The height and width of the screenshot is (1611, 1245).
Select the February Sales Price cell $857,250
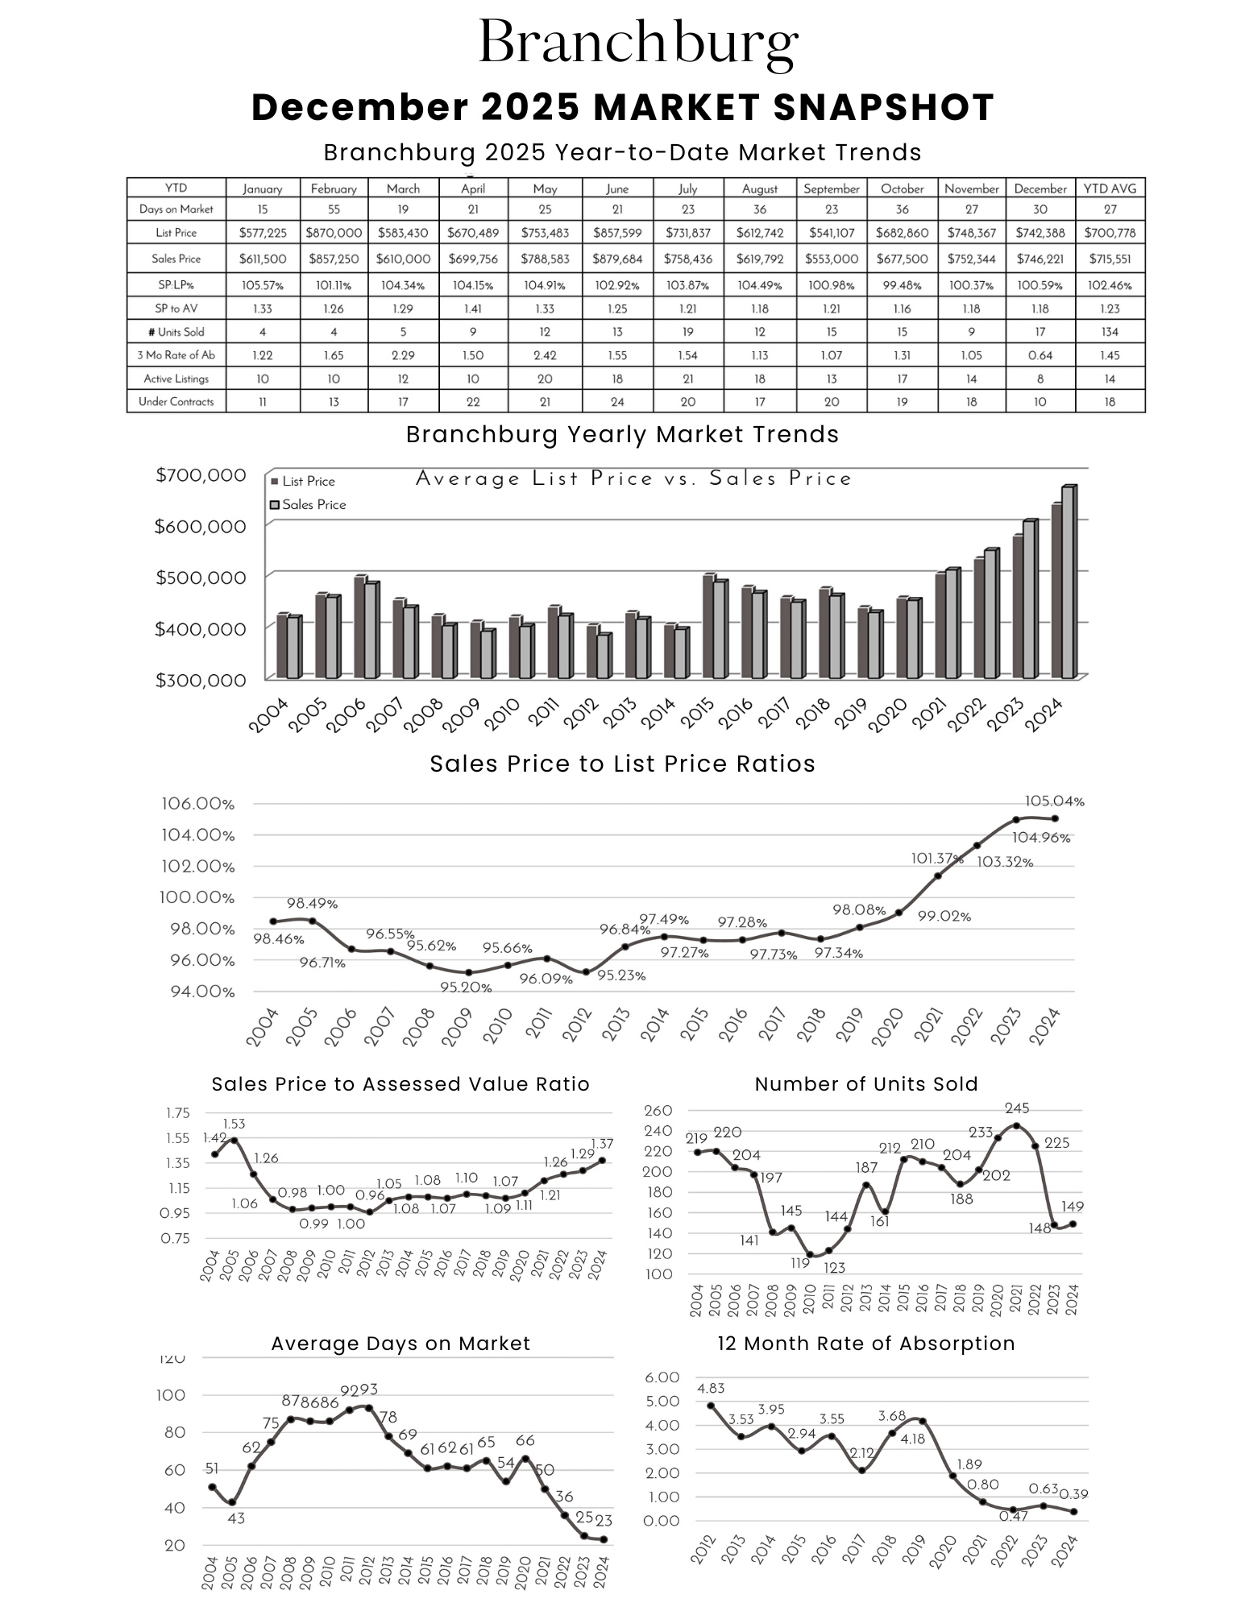click(x=334, y=259)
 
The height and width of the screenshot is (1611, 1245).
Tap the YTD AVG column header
click(x=1109, y=188)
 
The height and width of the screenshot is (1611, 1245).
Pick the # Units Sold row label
click(x=176, y=332)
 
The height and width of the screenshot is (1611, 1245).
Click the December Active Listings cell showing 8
click(x=1040, y=379)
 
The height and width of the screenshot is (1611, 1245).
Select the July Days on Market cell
click(x=687, y=209)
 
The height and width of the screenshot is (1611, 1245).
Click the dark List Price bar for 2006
click(x=360, y=627)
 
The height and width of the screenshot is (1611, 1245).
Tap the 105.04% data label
click(x=1054, y=801)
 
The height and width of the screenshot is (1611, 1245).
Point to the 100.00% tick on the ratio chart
click(x=197, y=897)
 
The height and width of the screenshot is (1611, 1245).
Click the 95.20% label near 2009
click(x=466, y=988)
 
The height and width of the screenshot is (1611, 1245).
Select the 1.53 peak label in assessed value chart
click(x=234, y=1124)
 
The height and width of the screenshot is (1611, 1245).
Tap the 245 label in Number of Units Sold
click(x=1017, y=1108)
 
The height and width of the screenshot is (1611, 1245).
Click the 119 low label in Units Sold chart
click(x=799, y=1263)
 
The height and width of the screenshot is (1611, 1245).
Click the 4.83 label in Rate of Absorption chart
click(x=711, y=1388)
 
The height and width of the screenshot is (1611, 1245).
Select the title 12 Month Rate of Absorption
click(x=865, y=1344)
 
